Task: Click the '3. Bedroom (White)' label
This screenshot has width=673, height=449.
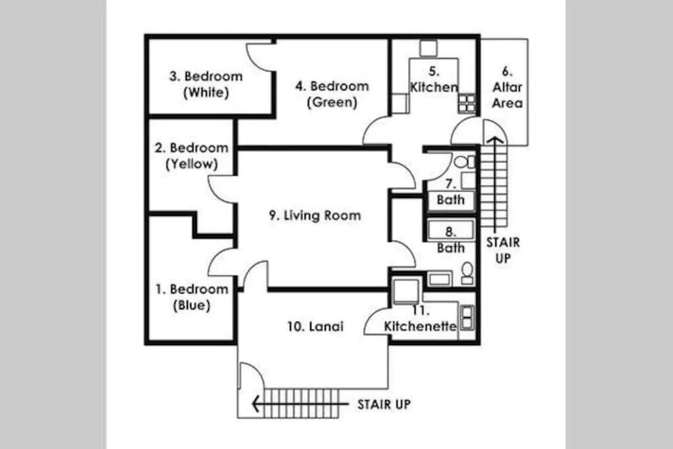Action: (x=206, y=84)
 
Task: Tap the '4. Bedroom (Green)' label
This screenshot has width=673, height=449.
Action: (x=332, y=94)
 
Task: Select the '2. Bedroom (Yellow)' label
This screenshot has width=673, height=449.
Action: (x=191, y=156)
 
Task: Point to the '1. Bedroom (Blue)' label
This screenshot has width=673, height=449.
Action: (x=191, y=297)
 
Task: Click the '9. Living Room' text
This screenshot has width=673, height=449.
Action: (x=315, y=216)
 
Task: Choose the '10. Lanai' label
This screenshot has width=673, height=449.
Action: (x=315, y=327)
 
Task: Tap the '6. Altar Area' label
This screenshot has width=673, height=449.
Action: (x=507, y=87)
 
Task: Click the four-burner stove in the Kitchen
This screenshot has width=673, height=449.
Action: (x=467, y=103)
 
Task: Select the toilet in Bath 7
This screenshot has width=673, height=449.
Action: (x=465, y=162)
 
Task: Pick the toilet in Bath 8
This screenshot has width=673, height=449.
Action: (x=467, y=273)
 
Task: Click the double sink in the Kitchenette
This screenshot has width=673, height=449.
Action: (x=467, y=318)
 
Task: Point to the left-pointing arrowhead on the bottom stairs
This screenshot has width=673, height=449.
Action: (x=256, y=404)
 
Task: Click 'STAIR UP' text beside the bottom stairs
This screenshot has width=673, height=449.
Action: (x=384, y=404)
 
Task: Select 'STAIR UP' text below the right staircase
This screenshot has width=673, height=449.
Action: (x=503, y=250)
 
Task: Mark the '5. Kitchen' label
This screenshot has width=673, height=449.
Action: (x=434, y=80)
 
